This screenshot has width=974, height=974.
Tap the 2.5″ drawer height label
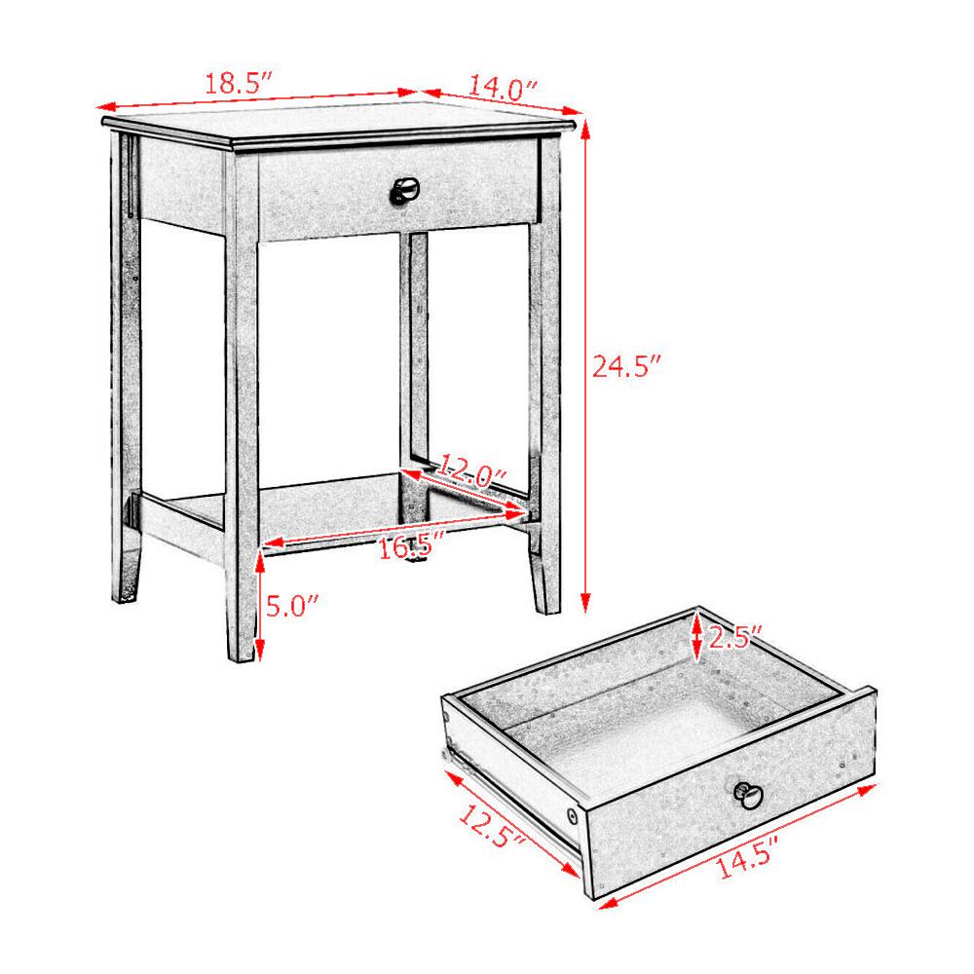point(734,638)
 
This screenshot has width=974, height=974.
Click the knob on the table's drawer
point(403,190)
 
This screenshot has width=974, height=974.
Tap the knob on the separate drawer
point(748,795)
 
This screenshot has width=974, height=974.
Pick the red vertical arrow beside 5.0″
point(261,605)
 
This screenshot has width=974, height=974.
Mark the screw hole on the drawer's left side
point(572,812)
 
